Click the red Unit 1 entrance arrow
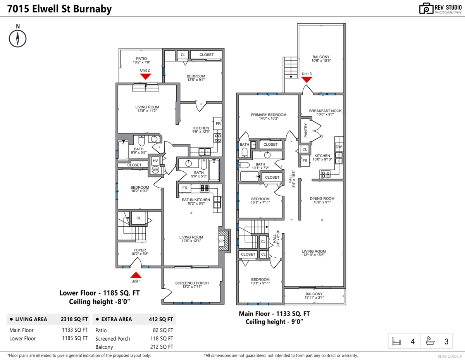[136, 275]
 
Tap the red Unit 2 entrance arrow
[146, 76]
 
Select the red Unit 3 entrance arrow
[307, 80]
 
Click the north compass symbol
[17, 39]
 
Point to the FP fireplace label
[221, 241]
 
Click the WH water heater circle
[155, 170]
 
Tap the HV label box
[155, 161]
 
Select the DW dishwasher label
[339, 147]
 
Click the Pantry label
[306, 130]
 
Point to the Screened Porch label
[192, 283]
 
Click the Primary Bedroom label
[269, 115]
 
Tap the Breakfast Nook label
[325, 111]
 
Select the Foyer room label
[140, 250]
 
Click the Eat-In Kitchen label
[196, 200]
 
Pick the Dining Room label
[322, 198]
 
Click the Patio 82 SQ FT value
[163, 330]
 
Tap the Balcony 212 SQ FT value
[162, 347]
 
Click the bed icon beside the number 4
[396, 341]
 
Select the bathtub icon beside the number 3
[430, 341]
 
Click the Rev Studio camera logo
[426, 9]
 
